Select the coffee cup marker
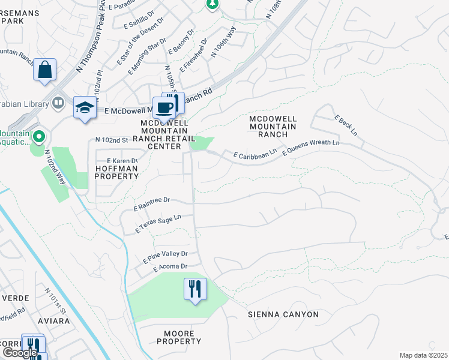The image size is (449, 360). tap(164, 108)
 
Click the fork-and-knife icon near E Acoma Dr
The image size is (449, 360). tap(195, 289)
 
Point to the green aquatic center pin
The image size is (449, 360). tap(39, 137)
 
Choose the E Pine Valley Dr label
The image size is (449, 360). tap(165, 257)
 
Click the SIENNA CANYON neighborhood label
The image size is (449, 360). tap(283, 314)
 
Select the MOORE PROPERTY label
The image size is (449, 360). tap(179, 337)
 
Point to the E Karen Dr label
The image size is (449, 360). tap(122, 161)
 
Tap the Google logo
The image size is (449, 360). tap(19, 353)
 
